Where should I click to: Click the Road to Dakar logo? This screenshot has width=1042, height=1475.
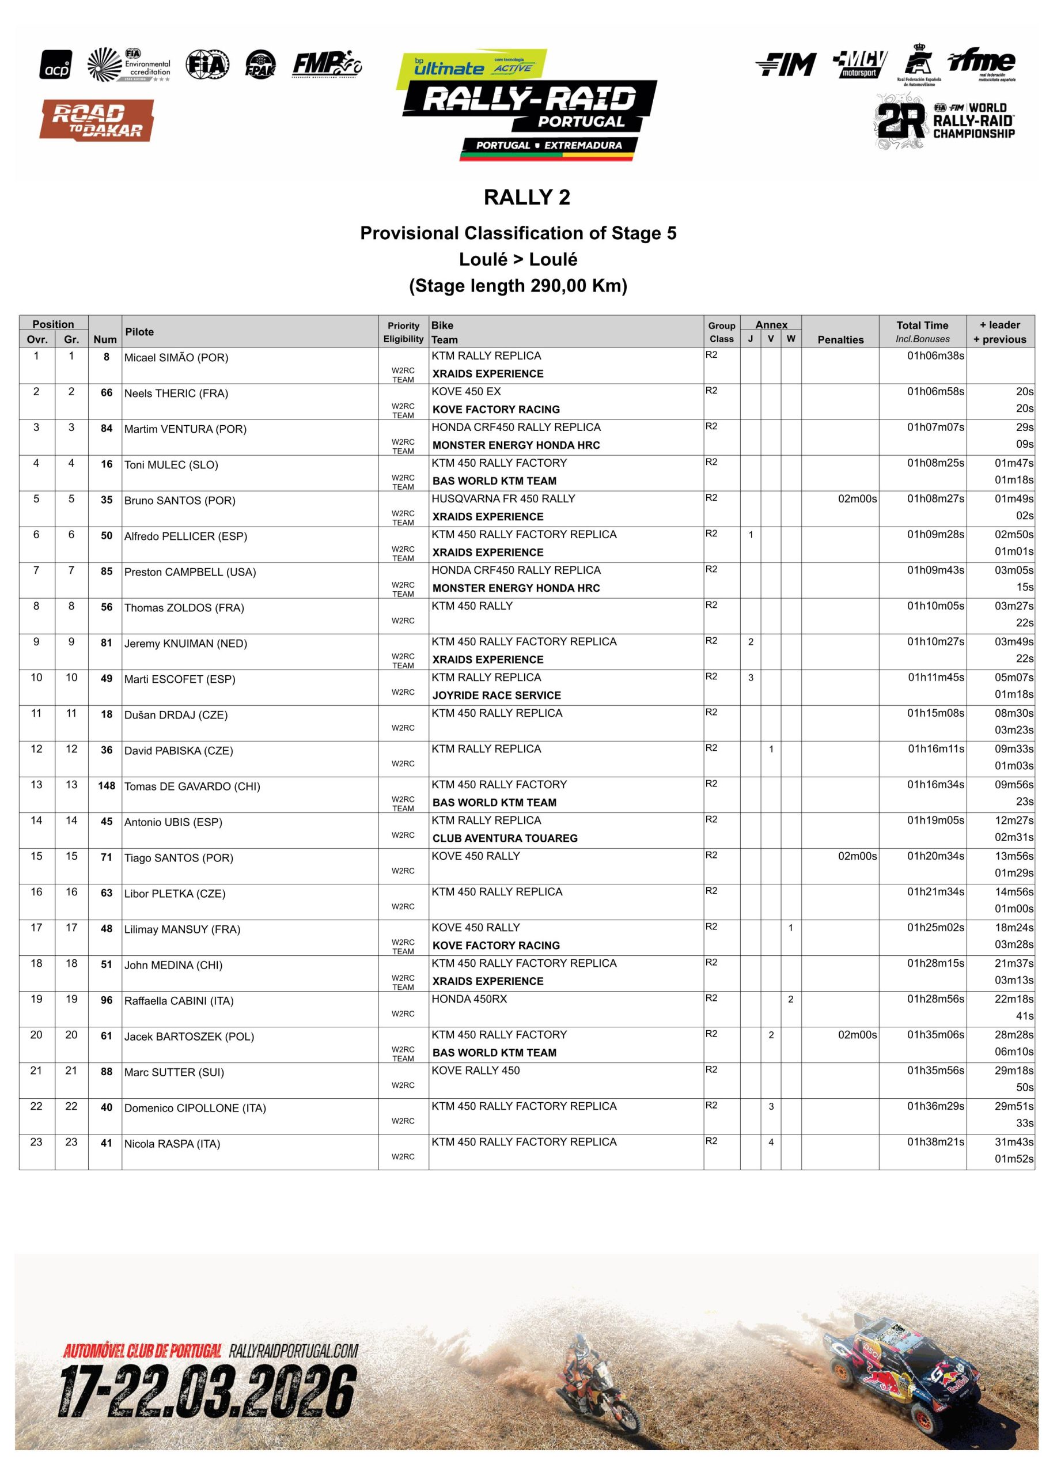(x=97, y=120)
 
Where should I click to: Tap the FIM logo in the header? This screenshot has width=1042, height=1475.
(x=786, y=64)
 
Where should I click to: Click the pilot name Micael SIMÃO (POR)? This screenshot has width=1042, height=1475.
(x=176, y=358)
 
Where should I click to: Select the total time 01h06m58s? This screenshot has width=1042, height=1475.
(x=935, y=392)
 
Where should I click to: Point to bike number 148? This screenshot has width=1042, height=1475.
(x=107, y=786)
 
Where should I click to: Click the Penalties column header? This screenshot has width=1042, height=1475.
(x=840, y=340)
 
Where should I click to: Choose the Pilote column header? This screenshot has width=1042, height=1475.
(x=139, y=332)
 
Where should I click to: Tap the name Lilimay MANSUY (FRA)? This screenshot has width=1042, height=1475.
(x=182, y=929)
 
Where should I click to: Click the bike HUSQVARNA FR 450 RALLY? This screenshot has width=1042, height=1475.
(x=503, y=498)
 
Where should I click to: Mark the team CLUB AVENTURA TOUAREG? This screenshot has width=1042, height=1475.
(x=505, y=838)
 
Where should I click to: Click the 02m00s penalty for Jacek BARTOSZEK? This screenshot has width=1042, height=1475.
(x=857, y=1035)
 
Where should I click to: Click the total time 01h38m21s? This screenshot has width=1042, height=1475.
(x=935, y=1142)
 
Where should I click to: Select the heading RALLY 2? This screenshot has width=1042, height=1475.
(x=527, y=197)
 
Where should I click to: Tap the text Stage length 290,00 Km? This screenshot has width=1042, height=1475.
(x=518, y=285)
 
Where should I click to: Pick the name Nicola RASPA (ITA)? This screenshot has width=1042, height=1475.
(x=172, y=1144)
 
